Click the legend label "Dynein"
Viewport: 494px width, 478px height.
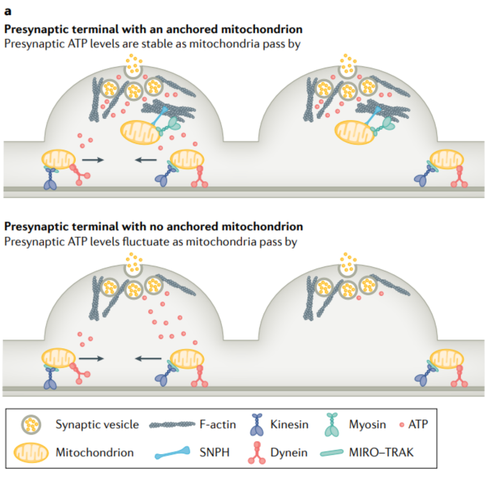click(x=289, y=453)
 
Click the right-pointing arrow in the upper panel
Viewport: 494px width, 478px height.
click(x=93, y=160)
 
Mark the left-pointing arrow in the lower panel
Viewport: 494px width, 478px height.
click(x=149, y=358)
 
